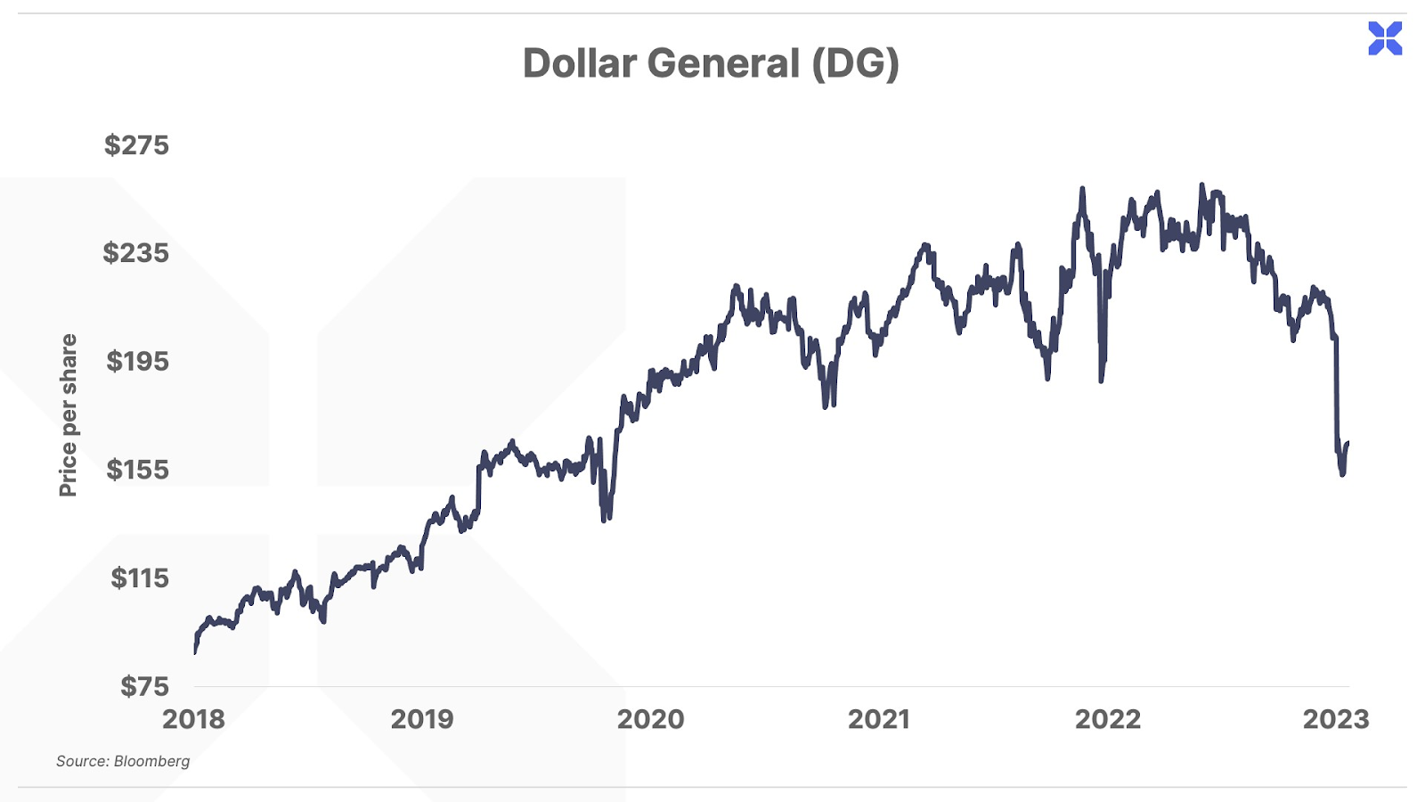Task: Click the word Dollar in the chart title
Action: [x=579, y=63]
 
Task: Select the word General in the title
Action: [x=723, y=63]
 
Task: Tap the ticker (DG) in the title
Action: [x=855, y=63]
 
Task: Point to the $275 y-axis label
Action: [x=136, y=145]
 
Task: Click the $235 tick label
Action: [x=135, y=253]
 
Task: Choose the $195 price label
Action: [x=137, y=362]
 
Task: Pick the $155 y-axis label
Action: [x=137, y=470]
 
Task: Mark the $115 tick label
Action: [x=139, y=578]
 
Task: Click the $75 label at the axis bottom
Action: [x=144, y=686]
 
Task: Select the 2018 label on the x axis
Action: [x=193, y=719]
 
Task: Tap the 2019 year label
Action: [x=422, y=719]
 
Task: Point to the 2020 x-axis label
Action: [x=650, y=719]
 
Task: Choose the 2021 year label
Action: [x=879, y=719]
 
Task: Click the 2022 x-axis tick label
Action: [x=1107, y=719]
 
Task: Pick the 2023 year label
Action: [x=1336, y=719]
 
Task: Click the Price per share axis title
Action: [x=68, y=415]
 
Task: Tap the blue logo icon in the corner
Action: [x=1385, y=38]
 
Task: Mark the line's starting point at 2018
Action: [x=195, y=651]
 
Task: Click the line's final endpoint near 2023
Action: [x=1348, y=443]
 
